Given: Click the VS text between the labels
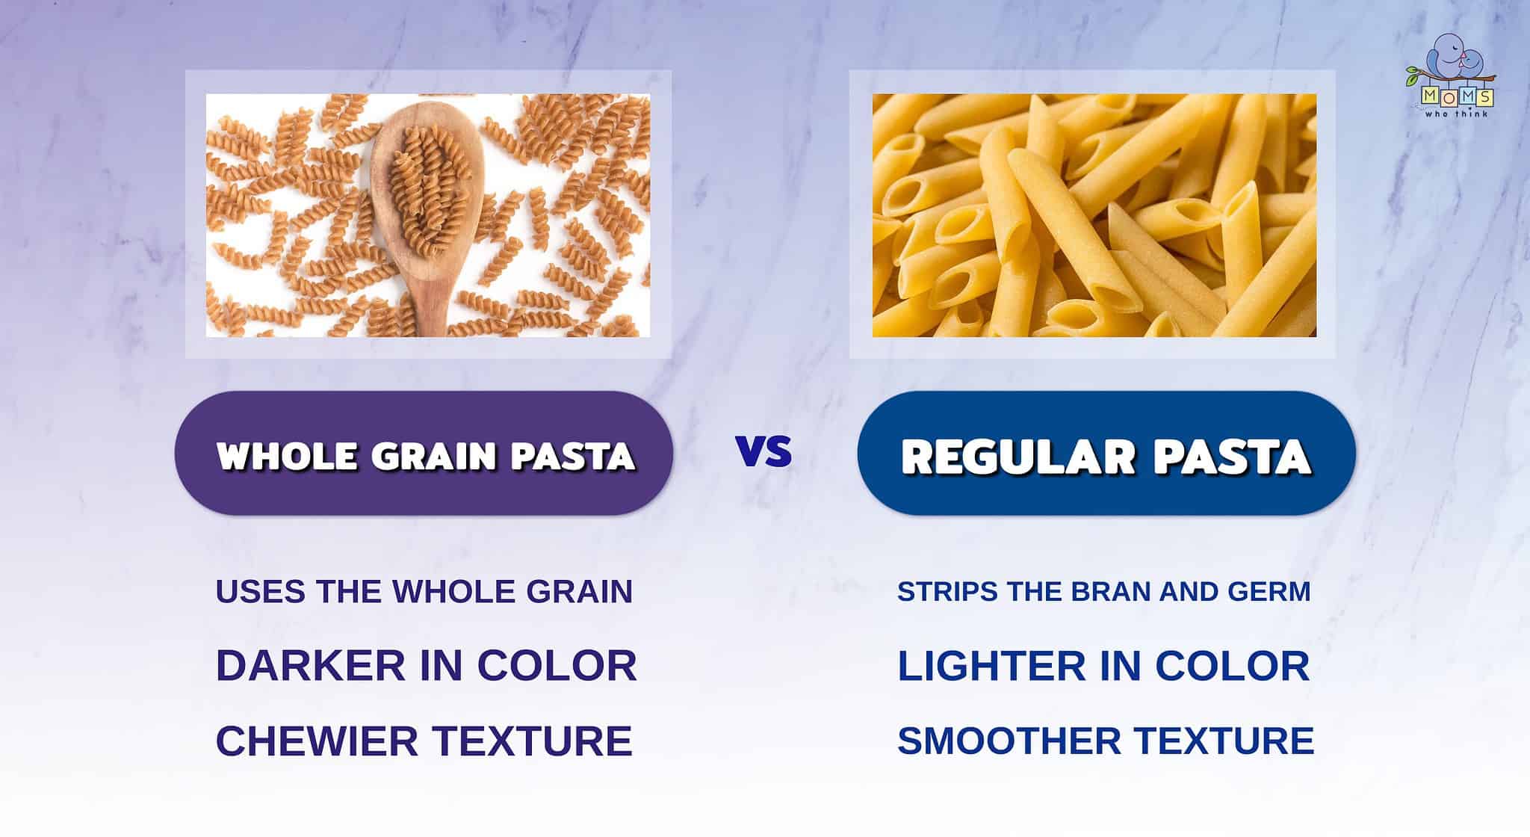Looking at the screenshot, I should [x=764, y=452].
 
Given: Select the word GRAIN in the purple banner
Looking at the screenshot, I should [x=434, y=455].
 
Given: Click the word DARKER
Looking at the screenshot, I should [x=312, y=664].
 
